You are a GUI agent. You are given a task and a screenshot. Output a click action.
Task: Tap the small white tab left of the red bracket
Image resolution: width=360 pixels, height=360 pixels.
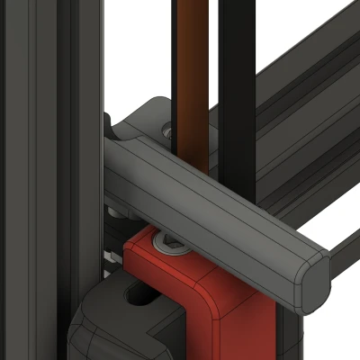(111, 257)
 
